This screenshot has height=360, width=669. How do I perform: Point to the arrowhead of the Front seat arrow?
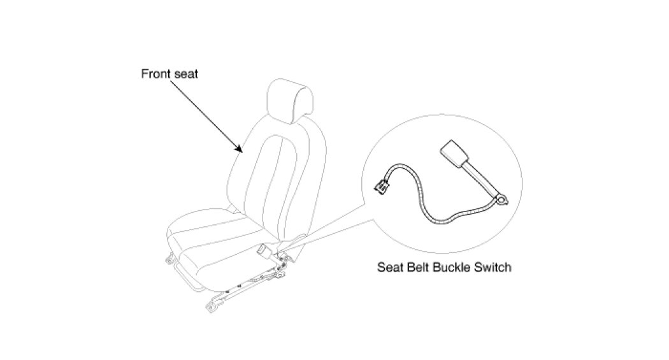pyautogui.click(x=241, y=152)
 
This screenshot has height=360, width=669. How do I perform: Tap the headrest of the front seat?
pyautogui.click(x=292, y=100)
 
